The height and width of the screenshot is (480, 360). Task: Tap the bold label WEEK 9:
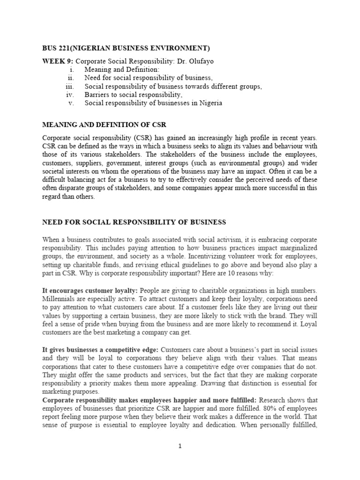[58, 61]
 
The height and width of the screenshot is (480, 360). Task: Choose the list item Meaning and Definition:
[115, 69]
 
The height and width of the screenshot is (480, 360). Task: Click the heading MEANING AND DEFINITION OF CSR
[104, 125]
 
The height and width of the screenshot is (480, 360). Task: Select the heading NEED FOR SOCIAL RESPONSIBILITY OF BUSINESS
[134, 222]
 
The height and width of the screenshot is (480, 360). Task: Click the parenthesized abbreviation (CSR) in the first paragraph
[135, 138]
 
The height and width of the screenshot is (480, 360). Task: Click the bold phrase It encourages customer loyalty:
[90, 290]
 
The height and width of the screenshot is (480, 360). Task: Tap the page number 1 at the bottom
[180, 446]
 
